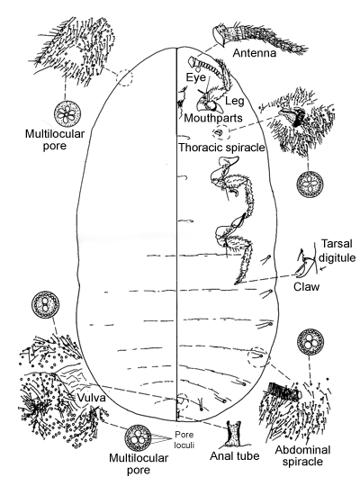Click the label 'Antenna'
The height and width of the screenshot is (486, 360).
pyautogui.click(x=255, y=53)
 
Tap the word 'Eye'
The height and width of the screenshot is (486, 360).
pyautogui.click(x=196, y=77)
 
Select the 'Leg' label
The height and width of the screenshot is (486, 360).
pyautogui.click(x=235, y=101)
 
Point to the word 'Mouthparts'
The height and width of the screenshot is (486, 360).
pyautogui.click(x=213, y=118)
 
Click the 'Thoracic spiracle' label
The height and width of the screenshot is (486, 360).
pyautogui.click(x=221, y=148)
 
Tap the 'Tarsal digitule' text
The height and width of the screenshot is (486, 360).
pyautogui.click(x=337, y=250)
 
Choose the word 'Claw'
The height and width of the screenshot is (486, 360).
pyautogui.click(x=306, y=287)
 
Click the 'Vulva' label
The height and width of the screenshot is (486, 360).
pyautogui.click(x=91, y=398)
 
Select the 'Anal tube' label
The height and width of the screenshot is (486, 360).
pyautogui.click(x=235, y=456)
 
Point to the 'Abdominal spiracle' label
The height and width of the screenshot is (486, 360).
pyautogui.click(x=302, y=455)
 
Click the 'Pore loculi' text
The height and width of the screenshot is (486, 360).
pyautogui.click(x=184, y=440)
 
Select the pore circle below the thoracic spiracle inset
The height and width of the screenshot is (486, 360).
pyautogui.click(x=310, y=184)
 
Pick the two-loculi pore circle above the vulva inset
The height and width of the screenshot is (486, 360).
pyautogui.click(x=45, y=304)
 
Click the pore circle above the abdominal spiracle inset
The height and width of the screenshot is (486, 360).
pyautogui.click(x=310, y=341)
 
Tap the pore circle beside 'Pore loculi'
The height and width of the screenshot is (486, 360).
pyautogui.click(x=138, y=437)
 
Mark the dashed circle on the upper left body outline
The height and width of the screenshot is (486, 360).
pyautogui.click(x=124, y=76)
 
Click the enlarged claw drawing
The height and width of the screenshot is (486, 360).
pyautogui.click(x=305, y=264)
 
